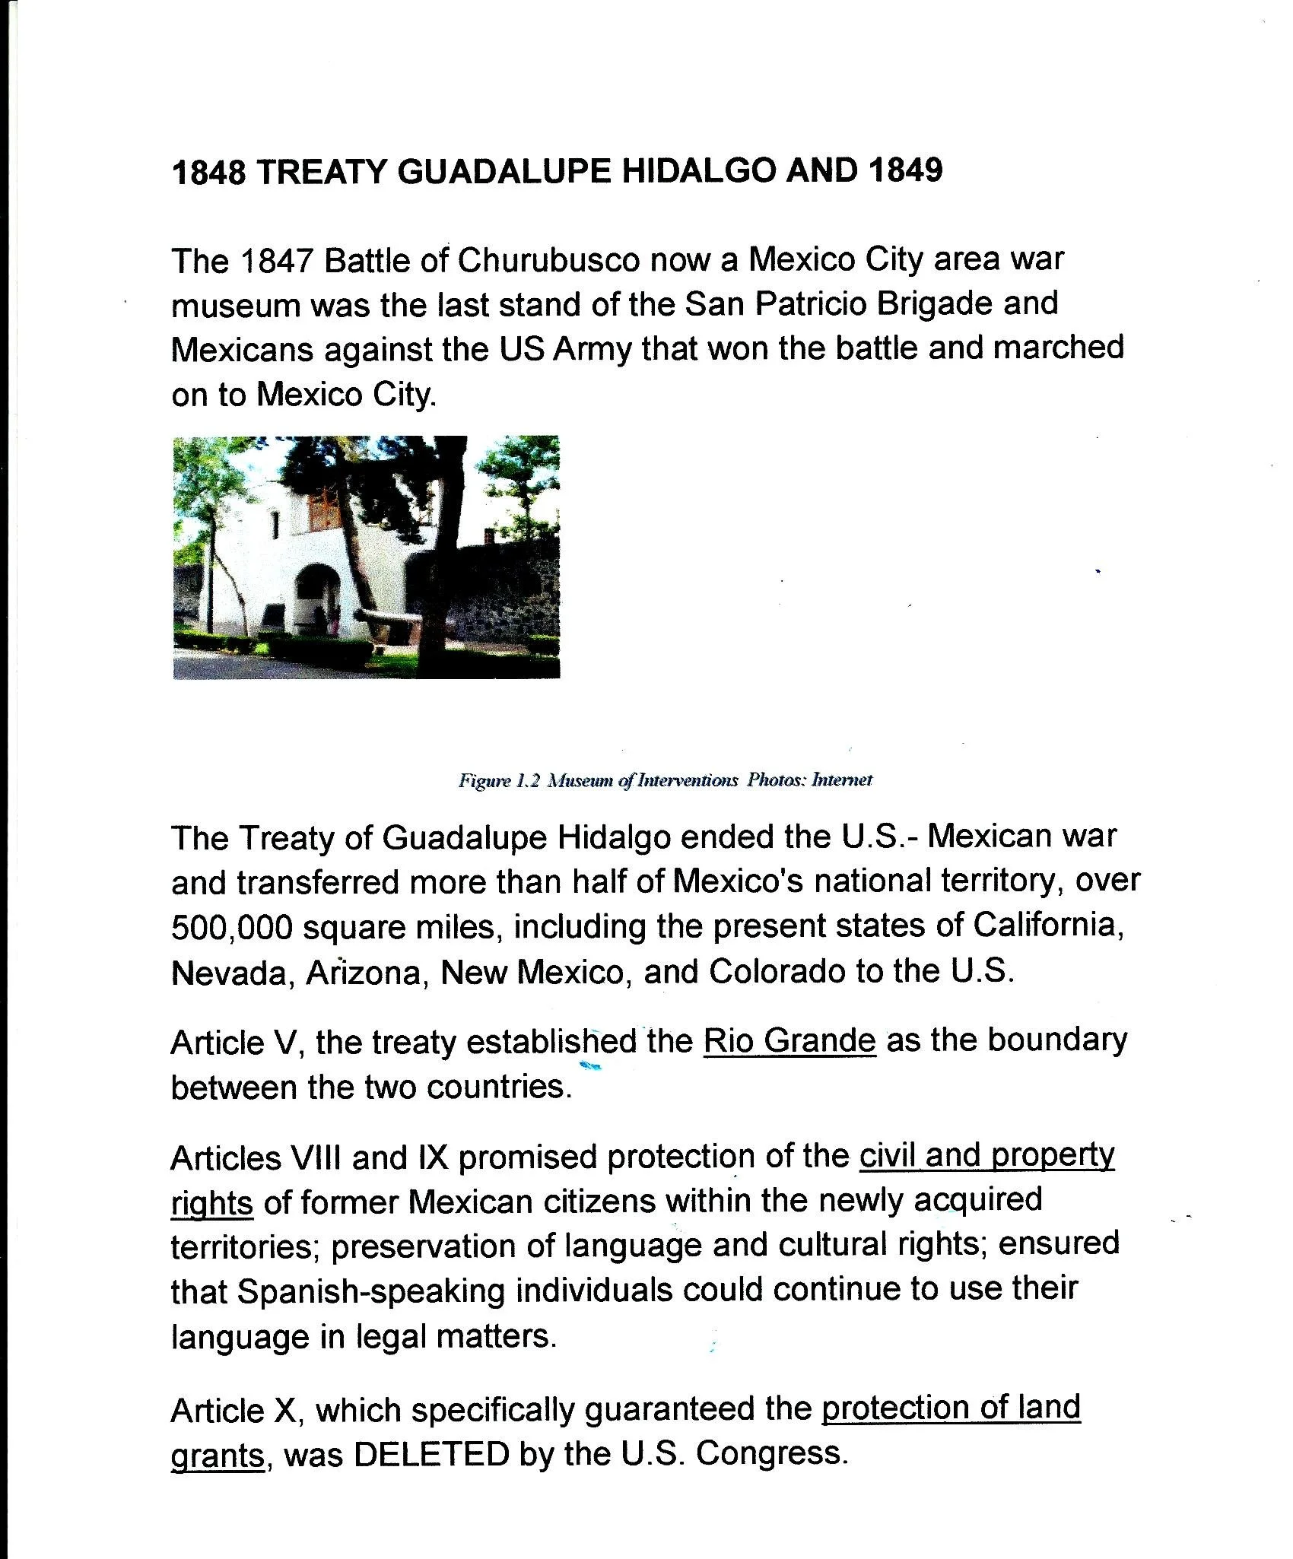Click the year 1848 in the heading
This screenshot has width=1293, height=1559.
pyautogui.click(x=208, y=173)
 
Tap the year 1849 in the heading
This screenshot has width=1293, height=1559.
pyautogui.click(x=904, y=170)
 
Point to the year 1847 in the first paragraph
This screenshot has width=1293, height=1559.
pyautogui.click(x=276, y=262)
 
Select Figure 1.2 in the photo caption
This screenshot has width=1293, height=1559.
pyautogui.click(x=498, y=780)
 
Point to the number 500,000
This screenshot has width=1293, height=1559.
pyautogui.click(x=231, y=927)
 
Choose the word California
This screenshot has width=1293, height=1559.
pyautogui.click(x=1049, y=926)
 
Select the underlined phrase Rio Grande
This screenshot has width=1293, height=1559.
pyautogui.click(x=789, y=1040)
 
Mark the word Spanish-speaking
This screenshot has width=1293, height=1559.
pyautogui.click(x=371, y=1291)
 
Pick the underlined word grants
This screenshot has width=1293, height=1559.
pyautogui.click(x=217, y=1456)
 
